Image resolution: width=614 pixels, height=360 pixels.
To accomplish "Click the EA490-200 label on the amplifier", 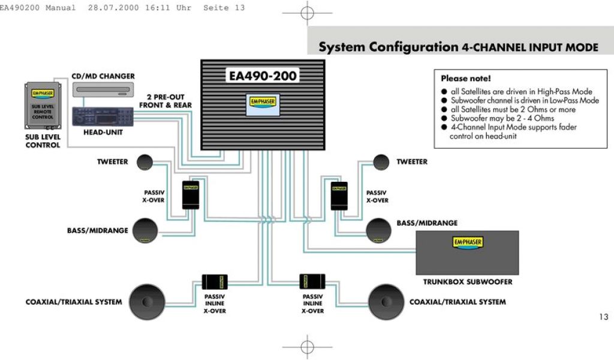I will click(x=263, y=76).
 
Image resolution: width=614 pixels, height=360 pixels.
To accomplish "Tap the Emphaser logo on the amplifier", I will click(x=262, y=101).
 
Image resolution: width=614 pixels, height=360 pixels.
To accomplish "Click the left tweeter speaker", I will click(x=145, y=162).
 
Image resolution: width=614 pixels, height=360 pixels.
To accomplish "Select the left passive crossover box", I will click(x=191, y=194).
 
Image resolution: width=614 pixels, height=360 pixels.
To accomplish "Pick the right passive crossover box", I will click(x=339, y=194).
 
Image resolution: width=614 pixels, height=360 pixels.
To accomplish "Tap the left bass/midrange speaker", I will click(x=145, y=231).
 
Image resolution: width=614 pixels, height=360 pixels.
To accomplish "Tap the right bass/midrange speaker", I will click(x=379, y=231).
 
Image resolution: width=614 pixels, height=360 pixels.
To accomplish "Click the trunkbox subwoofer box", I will click(x=467, y=252).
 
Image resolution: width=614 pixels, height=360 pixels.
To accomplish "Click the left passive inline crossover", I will click(x=215, y=282).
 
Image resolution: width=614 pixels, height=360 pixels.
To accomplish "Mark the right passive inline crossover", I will click(x=312, y=282).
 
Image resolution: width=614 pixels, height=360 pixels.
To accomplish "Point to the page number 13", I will click(x=603, y=317).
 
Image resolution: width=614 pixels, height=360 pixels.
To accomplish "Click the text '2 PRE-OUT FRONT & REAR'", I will click(x=165, y=101).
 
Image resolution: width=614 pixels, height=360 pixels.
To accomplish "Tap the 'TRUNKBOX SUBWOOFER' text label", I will click(x=468, y=281).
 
